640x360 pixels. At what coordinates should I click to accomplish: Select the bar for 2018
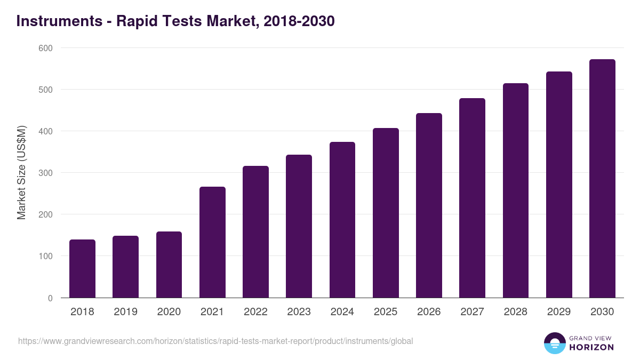click(82, 269)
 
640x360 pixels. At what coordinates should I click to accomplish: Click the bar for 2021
click(212, 242)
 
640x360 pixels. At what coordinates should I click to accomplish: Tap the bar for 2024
click(342, 220)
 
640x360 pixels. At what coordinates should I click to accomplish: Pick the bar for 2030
click(602, 179)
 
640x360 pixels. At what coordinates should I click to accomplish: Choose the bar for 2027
click(472, 198)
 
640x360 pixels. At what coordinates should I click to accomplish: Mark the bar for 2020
click(169, 265)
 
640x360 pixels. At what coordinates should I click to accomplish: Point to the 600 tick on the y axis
click(46, 48)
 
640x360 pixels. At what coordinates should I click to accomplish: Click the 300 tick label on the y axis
click(46, 173)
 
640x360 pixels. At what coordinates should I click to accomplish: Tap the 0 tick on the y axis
click(50, 298)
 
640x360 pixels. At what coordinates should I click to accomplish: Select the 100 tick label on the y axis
click(46, 257)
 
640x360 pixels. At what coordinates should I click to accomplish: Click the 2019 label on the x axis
click(125, 312)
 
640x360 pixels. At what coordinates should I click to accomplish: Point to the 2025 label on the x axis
click(386, 312)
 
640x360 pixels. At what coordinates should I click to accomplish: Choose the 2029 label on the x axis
click(559, 312)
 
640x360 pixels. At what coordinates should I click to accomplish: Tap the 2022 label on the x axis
click(255, 312)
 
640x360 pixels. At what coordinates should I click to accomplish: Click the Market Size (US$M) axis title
click(21, 173)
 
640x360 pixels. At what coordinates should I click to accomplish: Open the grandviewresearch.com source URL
click(215, 341)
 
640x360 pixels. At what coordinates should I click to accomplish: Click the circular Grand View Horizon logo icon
click(554, 343)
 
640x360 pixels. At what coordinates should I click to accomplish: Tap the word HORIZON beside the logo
click(591, 347)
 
